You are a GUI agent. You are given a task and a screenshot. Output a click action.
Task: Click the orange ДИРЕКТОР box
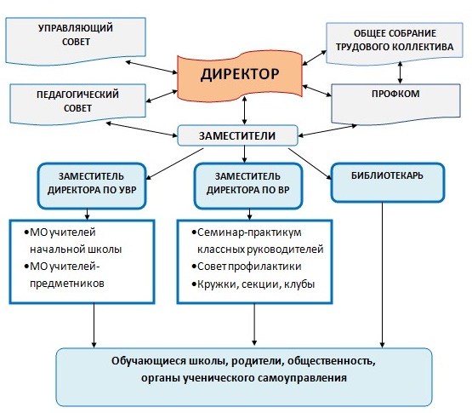click(x=240, y=77)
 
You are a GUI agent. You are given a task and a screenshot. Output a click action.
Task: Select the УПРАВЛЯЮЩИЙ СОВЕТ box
click(x=76, y=41)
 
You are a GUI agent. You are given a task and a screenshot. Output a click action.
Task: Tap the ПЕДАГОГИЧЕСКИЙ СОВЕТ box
click(x=77, y=103)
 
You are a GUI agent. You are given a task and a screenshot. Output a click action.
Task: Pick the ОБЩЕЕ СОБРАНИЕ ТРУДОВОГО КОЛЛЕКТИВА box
click(x=395, y=43)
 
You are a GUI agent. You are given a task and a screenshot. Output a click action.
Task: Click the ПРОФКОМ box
click(x=395, y=103)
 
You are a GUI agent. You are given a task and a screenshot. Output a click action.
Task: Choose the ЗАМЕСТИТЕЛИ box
click(x=237, y=135)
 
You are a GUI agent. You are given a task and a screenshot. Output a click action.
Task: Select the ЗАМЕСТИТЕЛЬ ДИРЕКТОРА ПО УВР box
click(x=92, y=186)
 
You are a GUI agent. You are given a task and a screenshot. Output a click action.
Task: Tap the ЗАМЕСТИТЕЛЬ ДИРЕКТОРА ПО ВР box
click(x=248, y=186)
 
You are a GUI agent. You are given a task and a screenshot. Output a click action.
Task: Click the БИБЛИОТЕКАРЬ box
click(x=388, y=182)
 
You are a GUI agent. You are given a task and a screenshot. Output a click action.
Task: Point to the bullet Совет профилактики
click(x=247, y=267)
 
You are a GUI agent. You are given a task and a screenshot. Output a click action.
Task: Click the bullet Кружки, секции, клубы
click(x=253, y=284)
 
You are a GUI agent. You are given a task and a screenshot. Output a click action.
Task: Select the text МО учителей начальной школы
click(x=73, y=241)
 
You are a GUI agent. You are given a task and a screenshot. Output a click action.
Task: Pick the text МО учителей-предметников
click(x=65, y=275)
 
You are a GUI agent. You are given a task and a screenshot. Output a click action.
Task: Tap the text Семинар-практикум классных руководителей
click(x=258, y=241)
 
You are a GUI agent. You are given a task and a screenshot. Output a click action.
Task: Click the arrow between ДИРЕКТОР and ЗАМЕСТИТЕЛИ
click(x=244, y=111)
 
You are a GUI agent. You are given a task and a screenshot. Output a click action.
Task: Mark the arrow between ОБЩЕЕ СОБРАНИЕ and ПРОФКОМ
click(x=400, y=72)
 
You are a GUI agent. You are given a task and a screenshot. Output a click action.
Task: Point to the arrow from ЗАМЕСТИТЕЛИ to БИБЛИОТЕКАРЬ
click(x=310, y=163)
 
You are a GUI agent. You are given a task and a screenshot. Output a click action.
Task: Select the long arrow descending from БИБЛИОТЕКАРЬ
click(x=383, y=275)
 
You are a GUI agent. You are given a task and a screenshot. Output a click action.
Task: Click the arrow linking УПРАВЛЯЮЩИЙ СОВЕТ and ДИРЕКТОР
click(x=151, y=67)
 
